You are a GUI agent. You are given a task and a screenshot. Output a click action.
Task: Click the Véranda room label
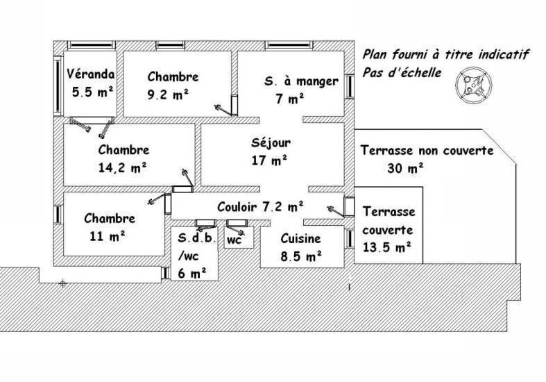click(x=90, y=74)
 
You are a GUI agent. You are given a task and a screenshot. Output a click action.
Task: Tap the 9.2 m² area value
click(x=168, y=94)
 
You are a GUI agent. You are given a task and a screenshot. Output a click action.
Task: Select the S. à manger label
click(x=301, y=81)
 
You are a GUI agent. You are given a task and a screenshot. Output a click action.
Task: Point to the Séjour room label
click(x=271, y=142)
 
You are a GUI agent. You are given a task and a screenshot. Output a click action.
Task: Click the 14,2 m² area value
click(x=122, y=168)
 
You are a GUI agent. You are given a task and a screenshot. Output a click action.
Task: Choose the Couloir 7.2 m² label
click(x=260, y=207)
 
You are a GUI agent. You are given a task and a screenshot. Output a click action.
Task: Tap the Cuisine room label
click(x=300, y=239)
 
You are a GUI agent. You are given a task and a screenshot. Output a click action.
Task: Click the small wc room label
click(x=234, y=240)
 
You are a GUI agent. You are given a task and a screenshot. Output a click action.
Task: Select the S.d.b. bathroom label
click(x=197, y=238)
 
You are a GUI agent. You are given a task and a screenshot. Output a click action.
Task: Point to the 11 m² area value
click(x=108, y=237)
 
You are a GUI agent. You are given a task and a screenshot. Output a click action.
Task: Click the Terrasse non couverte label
click(x=427, y=150)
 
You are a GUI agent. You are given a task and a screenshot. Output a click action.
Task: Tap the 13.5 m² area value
click(x=387, y=247)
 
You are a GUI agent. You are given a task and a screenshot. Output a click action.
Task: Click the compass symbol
click(x=474, y=85)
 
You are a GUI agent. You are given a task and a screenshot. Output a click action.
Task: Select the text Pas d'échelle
click(x=402, y=72)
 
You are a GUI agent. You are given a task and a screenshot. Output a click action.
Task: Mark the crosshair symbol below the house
click(x=62, y=283)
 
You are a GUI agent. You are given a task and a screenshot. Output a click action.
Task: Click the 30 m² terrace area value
click(x=405, y=169)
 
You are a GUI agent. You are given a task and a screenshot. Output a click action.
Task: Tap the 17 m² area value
click(x=269, y=160)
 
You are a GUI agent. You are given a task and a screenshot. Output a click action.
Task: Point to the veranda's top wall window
click(x=91, y=45)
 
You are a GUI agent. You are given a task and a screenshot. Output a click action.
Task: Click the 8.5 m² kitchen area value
click(x=301, y=256)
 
